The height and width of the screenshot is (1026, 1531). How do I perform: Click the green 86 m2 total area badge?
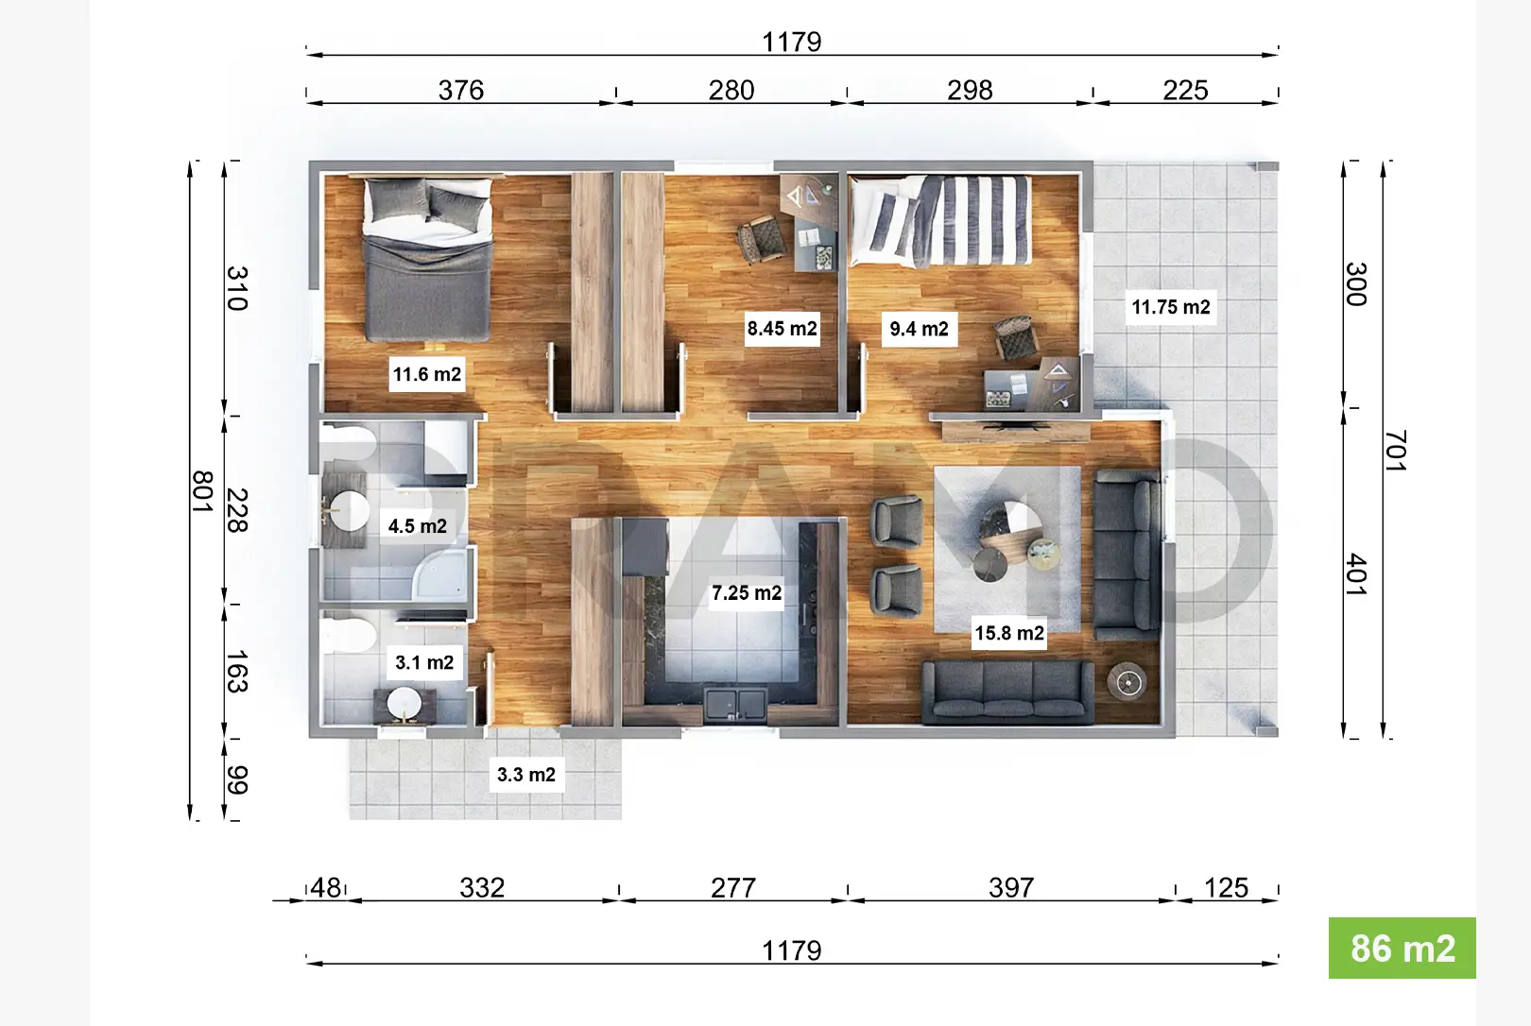point(1402,949)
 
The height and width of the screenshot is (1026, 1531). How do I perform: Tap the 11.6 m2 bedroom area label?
point(427,374)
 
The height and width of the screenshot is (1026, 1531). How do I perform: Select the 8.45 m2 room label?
point(782,329)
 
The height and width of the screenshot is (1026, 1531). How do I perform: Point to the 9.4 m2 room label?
point(920,330)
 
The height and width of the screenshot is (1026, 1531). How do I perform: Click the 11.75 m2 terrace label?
point(1171,307)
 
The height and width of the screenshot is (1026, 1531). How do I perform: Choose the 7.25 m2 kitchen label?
point(747,593)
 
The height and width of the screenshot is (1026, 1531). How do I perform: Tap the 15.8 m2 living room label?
point(1009,633)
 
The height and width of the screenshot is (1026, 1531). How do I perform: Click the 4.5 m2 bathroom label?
point(418,526)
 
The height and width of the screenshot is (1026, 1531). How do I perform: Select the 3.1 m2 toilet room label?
point(424,662)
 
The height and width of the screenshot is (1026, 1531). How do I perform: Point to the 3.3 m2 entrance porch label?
point(526,775)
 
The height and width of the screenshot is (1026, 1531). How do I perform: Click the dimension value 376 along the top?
point(461,90)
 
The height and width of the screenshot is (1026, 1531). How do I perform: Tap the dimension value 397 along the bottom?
point(1011,888)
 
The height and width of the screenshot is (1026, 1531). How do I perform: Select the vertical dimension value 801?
point(203,491)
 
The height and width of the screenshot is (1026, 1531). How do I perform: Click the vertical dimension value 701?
point(1396,451)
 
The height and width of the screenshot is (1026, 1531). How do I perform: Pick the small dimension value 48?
point(326,888)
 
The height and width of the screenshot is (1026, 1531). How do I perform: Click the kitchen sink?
point(735,704)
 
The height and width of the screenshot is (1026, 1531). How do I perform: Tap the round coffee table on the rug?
point(1011,533)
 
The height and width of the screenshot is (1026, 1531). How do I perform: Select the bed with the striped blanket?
point(939,220)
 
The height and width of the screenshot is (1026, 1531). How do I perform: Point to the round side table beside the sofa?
point(1127,681)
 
